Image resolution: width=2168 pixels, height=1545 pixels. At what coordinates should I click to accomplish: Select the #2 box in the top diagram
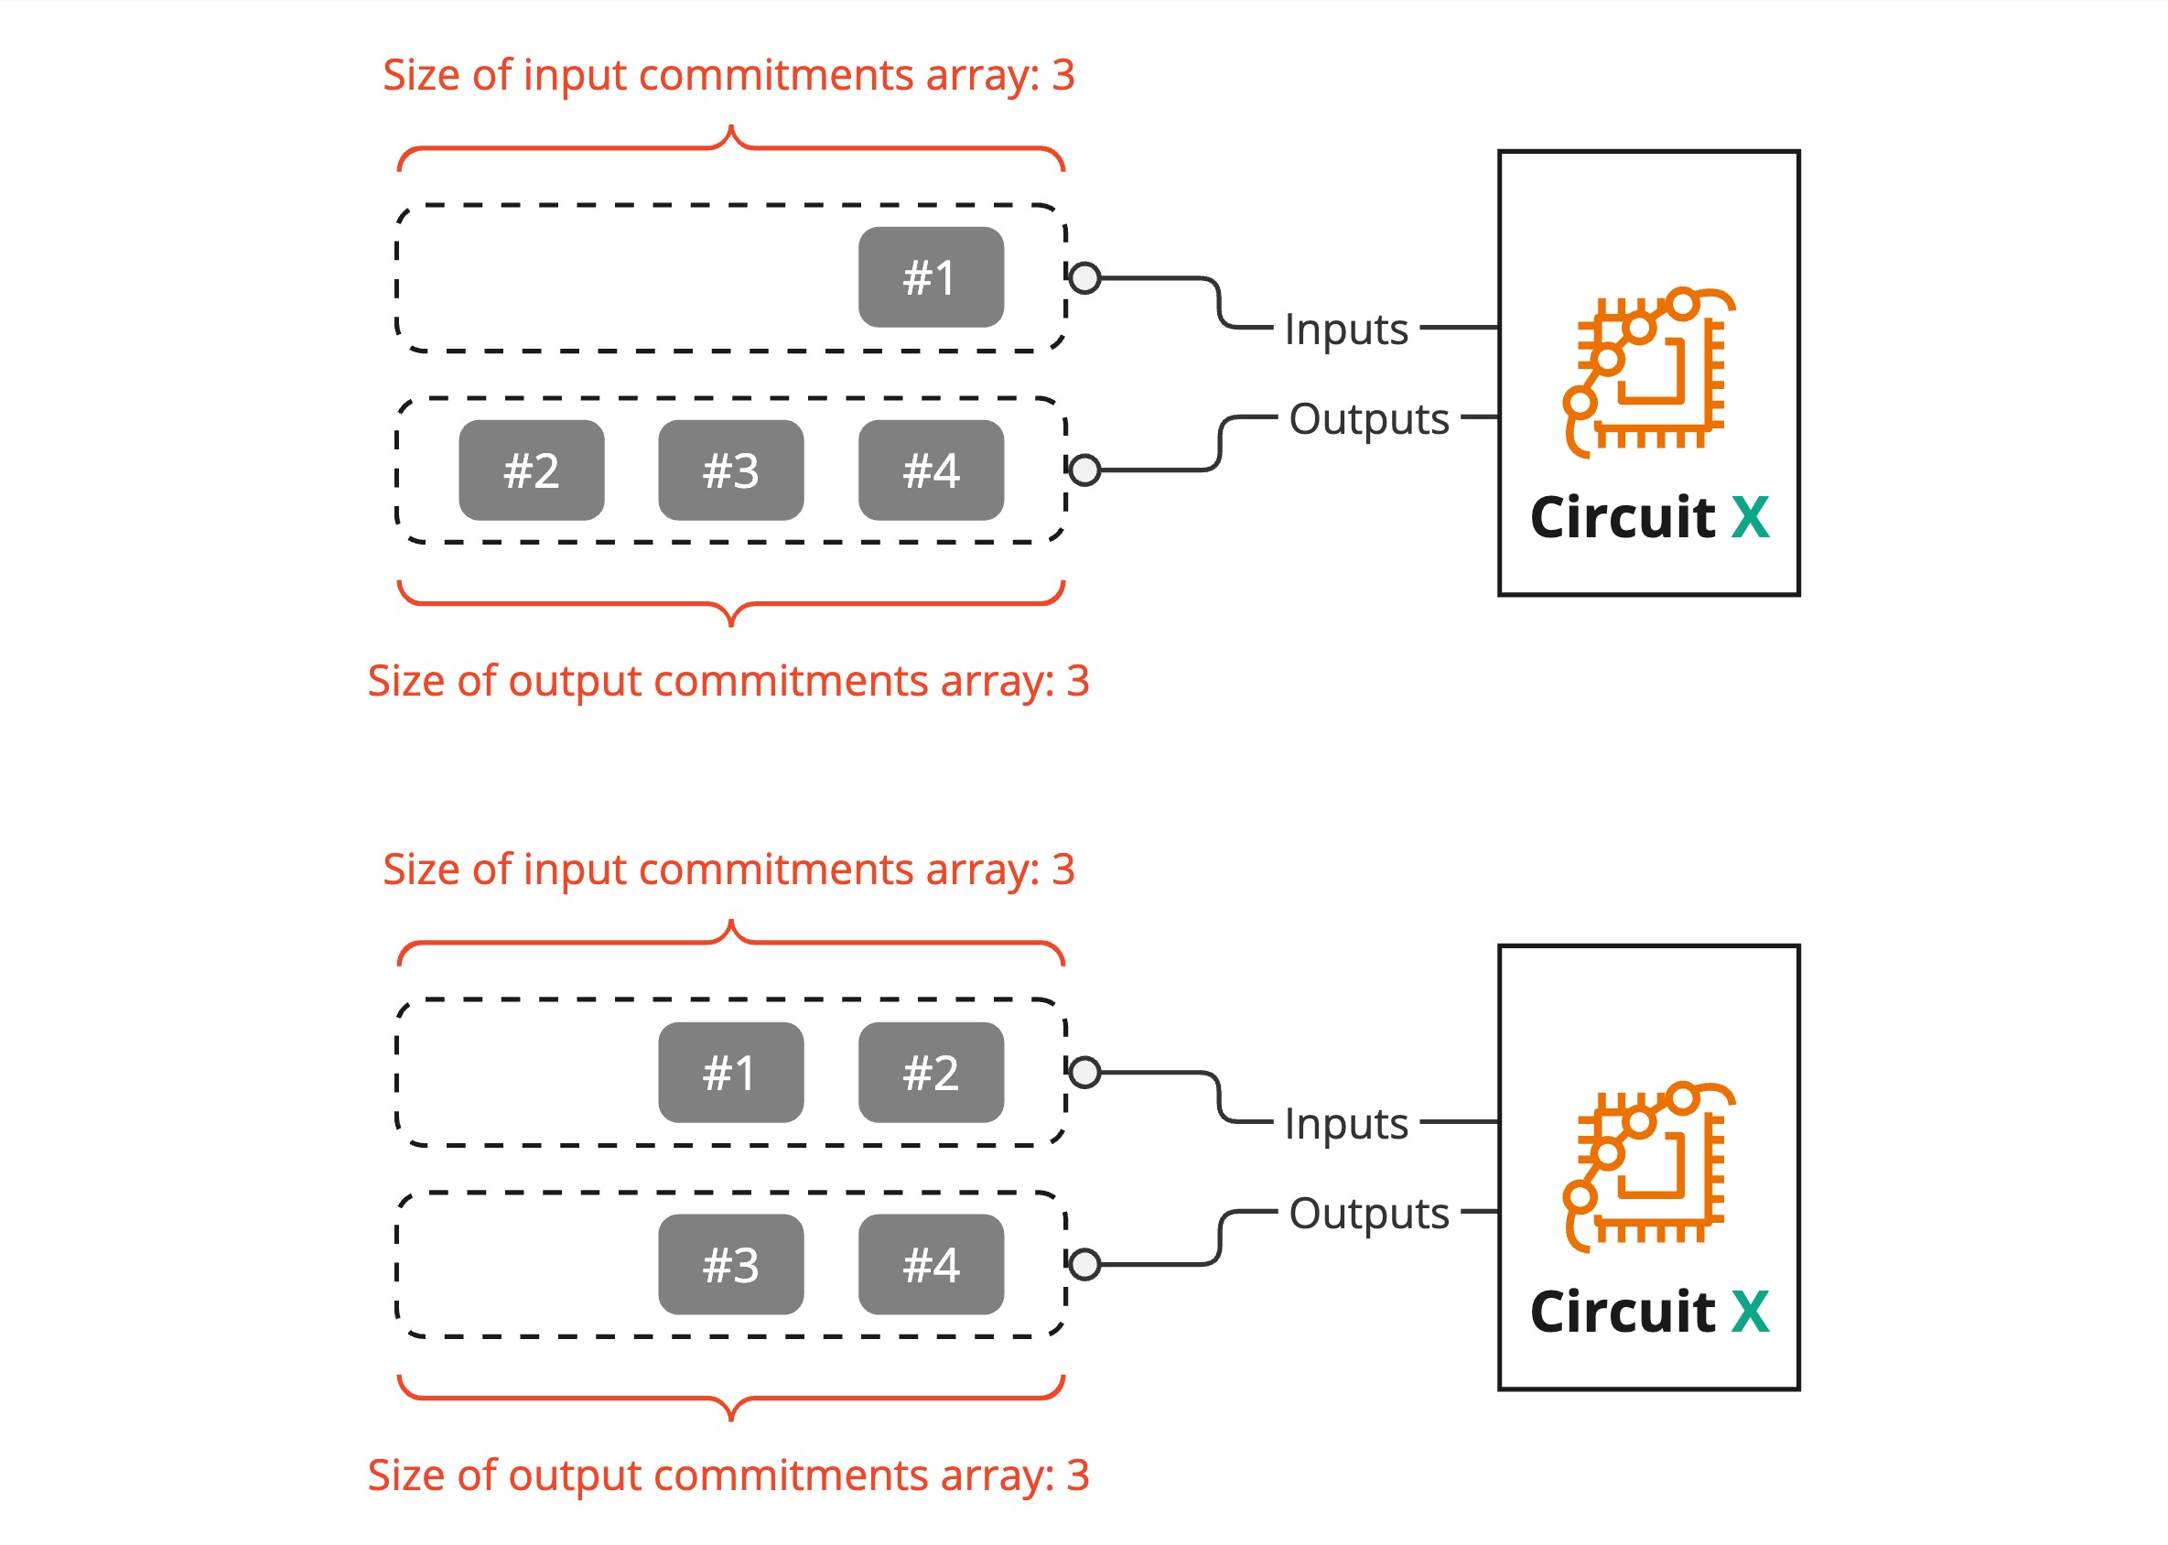click(531, 470)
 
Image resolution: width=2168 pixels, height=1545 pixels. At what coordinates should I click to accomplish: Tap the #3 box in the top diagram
click(730, 470)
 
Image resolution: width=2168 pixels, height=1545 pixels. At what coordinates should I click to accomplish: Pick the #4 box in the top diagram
click(931, 470)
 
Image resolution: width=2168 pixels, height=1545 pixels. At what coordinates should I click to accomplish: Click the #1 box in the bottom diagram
click(730, 1072)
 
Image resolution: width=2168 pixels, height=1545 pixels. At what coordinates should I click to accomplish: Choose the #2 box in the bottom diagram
click(931, 1072)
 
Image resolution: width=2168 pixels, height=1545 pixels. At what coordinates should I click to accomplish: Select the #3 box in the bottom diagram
click(730, 1264)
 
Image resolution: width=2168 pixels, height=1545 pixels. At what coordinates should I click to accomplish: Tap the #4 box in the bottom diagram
click(931, 1264)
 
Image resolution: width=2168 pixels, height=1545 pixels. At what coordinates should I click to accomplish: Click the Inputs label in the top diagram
click(1345, 330)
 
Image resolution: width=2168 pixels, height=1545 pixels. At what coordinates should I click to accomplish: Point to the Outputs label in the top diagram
click(1368, 418)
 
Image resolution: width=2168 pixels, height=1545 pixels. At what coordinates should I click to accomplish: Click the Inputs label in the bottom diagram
click(1345, 1124)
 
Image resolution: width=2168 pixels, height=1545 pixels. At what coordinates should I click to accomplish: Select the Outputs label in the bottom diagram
click(1368, 1213)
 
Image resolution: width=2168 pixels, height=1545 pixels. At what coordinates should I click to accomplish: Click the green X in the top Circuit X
click(1750, 517)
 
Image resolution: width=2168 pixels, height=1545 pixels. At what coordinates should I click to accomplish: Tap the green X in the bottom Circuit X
click(1750, 1312)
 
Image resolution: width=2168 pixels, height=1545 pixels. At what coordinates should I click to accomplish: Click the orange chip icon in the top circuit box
click(1649, 371)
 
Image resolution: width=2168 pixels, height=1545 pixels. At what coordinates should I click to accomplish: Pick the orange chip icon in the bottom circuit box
click(1649, 1165)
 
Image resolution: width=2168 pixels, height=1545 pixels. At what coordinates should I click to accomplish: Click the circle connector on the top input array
click(1084, 278)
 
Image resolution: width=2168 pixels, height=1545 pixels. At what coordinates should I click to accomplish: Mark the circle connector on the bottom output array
click(1084, 1264)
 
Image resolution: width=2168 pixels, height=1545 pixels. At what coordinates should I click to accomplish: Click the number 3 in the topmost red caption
click(1062, 75)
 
